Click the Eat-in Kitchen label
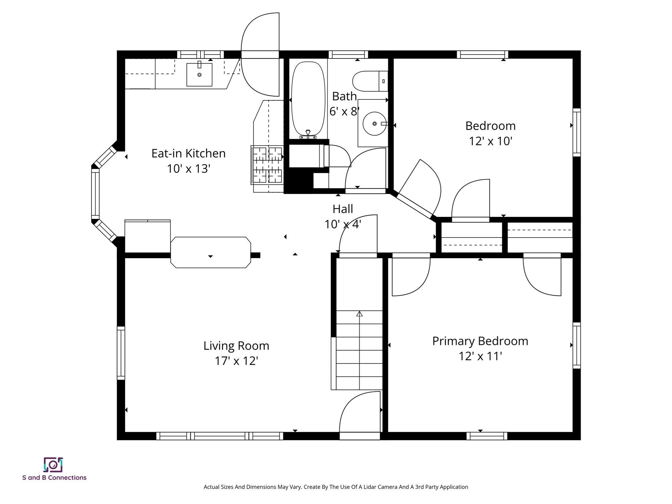coord(188,153)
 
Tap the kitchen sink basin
coord(199,75)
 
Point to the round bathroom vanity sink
coord(374,124)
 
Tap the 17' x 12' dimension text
coord(236,361)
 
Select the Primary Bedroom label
coord(480,341)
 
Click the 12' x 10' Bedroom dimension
coord(490,141)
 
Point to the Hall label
coord(343,209)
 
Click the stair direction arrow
coord(359,314)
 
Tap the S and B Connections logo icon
coord(53,465)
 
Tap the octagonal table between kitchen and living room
coord(211,252)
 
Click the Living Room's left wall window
coord(121,353)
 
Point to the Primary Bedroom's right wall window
coord(577,345)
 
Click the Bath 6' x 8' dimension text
coord(344,112)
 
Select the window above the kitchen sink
coord(200,54)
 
